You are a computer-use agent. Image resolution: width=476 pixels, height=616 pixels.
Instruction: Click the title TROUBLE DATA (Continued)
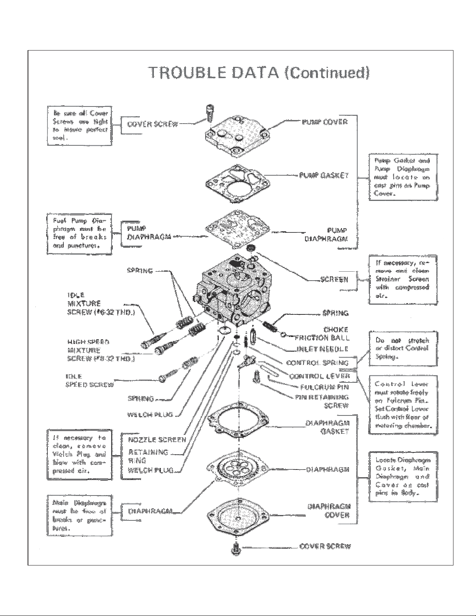click(x=259, y=73)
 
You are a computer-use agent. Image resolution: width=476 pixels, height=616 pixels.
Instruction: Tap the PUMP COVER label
click(x=324, y=122)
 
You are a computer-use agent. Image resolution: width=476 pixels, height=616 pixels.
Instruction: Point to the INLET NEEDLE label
click(x=322, y=349)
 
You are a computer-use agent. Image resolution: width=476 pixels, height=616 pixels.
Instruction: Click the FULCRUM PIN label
click(x=324, y=387)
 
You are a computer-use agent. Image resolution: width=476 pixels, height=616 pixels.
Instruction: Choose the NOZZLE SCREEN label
click(x=157, y=440)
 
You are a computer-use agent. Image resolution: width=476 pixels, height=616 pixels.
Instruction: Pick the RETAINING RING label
click(x=148, y=456)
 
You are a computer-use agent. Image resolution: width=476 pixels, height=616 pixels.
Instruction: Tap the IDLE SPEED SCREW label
click(x=90, y=380)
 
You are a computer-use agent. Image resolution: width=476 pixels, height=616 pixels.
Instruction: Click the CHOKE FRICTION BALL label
click(x=323, y=334)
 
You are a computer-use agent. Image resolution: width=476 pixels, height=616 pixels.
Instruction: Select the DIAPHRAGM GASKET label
click(x=327, y=427)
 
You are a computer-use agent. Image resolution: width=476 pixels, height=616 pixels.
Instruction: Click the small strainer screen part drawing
click(x=251, y=249)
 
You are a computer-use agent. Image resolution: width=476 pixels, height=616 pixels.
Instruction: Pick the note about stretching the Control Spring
click(x=401, y=348)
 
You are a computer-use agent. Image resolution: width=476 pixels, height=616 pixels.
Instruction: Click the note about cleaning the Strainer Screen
click(x=402, y=279)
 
